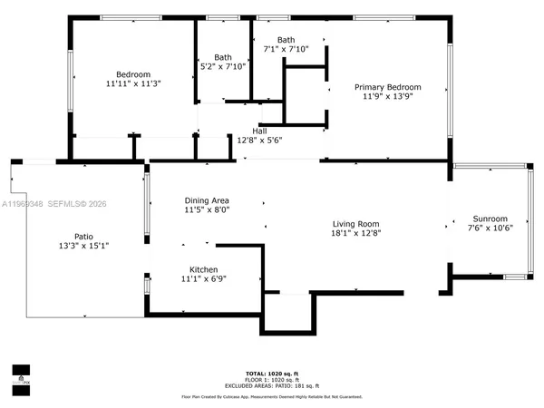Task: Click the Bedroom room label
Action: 132,74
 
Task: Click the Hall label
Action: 259,131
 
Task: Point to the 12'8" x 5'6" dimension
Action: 259,140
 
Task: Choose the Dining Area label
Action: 207,200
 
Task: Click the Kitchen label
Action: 204,270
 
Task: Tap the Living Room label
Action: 355,224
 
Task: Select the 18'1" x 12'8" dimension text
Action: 355,233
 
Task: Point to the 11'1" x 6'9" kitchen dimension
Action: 204,279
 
